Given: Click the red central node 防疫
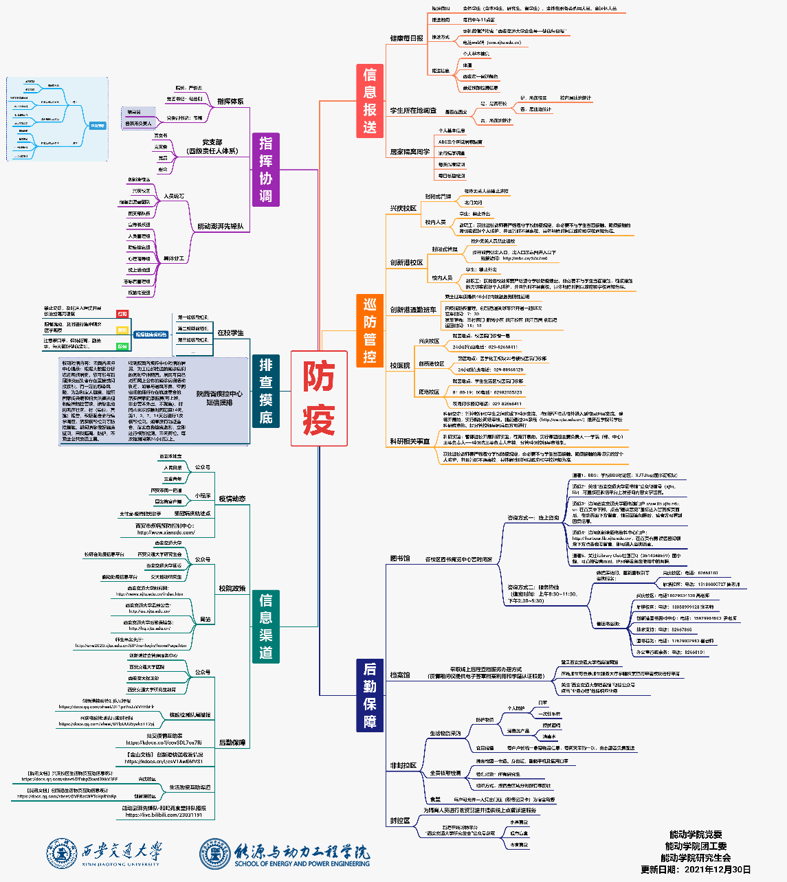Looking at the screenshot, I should click(318, 398).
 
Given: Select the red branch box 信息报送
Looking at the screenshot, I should click(370, 100).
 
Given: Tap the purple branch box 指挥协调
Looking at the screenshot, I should click(265, 170).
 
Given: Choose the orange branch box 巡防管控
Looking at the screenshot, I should click(370, 330).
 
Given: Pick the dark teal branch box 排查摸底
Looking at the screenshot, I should click(265, 391).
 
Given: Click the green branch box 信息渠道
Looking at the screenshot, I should click(265, 626).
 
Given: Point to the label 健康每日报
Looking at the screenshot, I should click(406, 38).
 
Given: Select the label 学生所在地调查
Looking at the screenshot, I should click(413, 110).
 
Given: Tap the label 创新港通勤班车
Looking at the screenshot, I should click(413, 310).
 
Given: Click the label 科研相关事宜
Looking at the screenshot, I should click(410, 442).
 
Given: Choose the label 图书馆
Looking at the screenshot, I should click(399, 558).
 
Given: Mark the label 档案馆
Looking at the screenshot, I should click(399, 675).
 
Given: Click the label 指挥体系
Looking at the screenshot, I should click(230, 101).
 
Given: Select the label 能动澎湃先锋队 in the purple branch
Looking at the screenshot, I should click(220, 227).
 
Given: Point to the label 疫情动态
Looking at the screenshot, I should click(232, 499).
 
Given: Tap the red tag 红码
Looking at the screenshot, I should click(122, 314).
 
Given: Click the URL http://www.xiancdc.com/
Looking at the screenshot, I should click(166, 532).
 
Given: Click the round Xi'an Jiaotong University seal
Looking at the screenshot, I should click(61, 853).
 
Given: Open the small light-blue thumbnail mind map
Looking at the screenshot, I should click(57, 119).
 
